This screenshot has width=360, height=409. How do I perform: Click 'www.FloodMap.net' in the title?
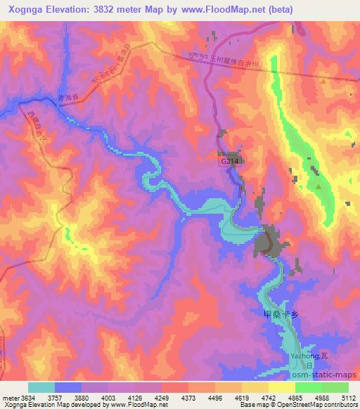pyautogui.click(x=220, y=9)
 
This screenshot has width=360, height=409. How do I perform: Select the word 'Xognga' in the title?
pyautogui.click(x=25, y=9)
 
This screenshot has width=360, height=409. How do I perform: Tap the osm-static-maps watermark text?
pyautogui.click(x=326, y=375)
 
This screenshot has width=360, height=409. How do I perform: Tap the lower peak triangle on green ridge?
pyautogui.click(x=318, y=187)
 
